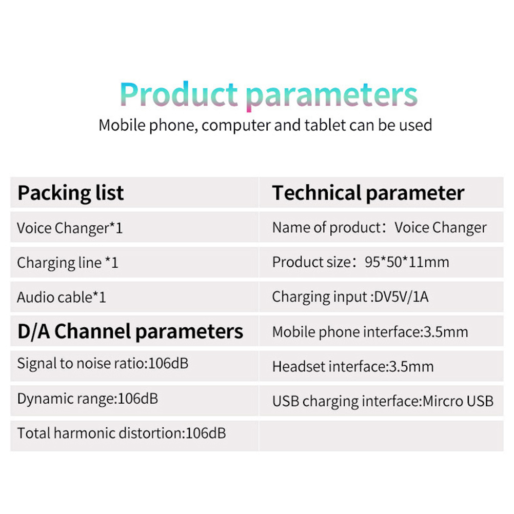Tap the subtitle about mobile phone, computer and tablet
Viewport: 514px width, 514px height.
(265, 126)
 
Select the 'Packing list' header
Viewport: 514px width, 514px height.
(70, 193)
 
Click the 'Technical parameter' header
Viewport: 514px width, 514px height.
(368, 193)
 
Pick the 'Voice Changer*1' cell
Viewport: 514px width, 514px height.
(70, 228)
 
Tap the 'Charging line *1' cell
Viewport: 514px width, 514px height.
(68, 263)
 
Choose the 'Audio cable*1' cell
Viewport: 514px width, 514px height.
(62, 298)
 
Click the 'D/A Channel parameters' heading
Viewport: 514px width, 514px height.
(130, 331)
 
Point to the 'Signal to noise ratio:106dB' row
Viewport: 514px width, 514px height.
(103, 364)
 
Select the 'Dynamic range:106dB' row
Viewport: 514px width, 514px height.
(88, 399)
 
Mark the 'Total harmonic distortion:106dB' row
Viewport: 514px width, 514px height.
(121, 433)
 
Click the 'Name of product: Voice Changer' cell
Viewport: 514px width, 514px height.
(379, 228)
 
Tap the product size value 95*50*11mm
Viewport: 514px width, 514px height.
(407, 262)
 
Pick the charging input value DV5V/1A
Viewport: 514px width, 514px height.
(401, 296)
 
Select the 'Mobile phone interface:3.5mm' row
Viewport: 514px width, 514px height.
(370, 332)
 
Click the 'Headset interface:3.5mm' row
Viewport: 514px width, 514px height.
(353, 367)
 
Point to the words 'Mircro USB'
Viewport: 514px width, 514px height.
(458, 401)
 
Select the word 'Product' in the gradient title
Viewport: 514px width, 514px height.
(179, 94)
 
